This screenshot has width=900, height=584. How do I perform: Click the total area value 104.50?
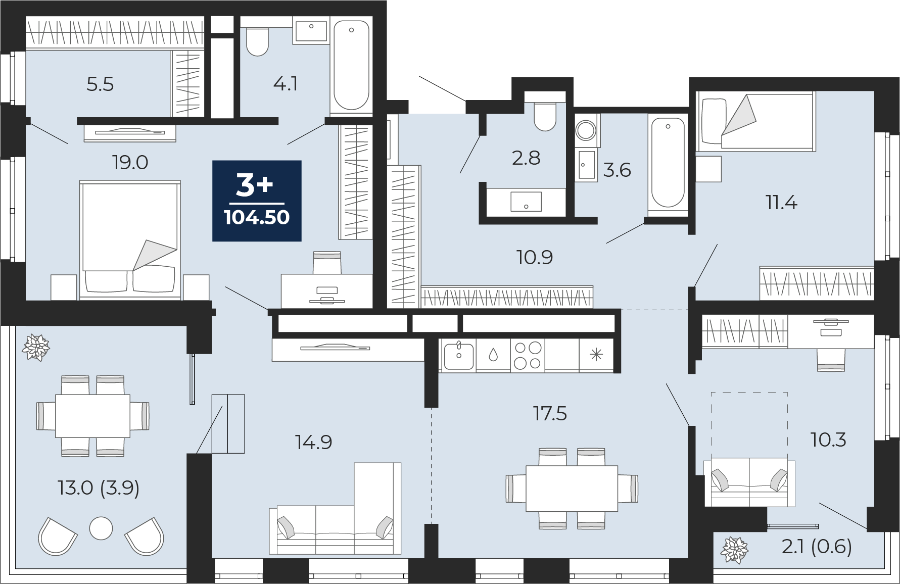(x=257, y=218)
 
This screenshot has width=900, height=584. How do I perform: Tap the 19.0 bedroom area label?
(x=130, y=163)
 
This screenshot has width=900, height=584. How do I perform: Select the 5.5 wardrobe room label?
(x=100, y=84)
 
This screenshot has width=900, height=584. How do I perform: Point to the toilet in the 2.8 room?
(x=545, y=116)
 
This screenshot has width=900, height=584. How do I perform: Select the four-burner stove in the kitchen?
(x=528, y=355)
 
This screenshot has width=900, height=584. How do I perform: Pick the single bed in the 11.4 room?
(x=755, y=121)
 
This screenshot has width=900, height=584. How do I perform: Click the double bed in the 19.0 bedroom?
(x=130, y=237)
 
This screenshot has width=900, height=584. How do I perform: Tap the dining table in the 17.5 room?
(x=572, y=489)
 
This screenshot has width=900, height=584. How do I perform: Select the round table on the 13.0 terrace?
(x=101, y=528)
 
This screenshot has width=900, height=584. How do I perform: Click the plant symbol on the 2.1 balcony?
(x=734, y=550)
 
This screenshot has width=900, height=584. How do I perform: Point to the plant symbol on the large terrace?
(x=36, y=348)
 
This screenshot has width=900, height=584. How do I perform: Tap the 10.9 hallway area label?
(x=535, y=258)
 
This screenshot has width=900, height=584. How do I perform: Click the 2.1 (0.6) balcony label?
(x=817, y=546)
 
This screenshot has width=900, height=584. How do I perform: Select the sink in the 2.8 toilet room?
(x=526, y=202)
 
